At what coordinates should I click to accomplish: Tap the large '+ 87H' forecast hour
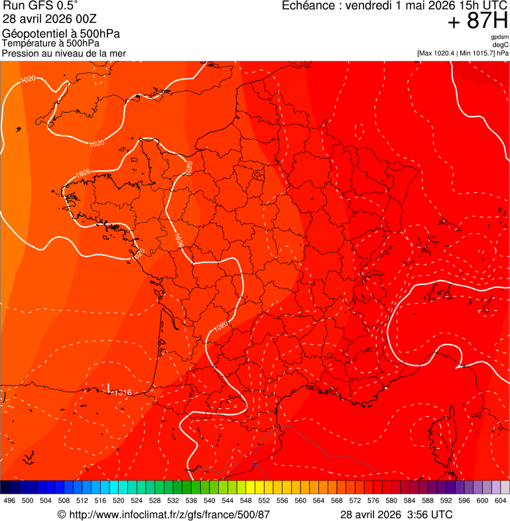[478, 22]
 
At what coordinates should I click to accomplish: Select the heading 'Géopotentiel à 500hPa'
[61, 34]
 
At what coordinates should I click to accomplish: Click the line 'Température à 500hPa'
[50, 44]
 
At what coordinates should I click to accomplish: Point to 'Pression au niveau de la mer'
[64, 53]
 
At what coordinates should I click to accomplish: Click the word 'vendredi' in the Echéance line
[366, 6]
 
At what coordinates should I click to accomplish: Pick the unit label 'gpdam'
[499, 37]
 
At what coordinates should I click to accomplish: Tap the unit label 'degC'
[501, 44]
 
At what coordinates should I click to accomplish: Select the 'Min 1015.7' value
[476, 53]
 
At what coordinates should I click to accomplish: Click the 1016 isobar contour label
[123, 392]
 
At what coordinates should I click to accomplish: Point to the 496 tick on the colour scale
[9, 501]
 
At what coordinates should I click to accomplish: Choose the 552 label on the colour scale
[263, 501]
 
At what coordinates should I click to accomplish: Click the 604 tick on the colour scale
[501, 501]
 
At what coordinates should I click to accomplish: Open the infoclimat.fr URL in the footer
[169, 514]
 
